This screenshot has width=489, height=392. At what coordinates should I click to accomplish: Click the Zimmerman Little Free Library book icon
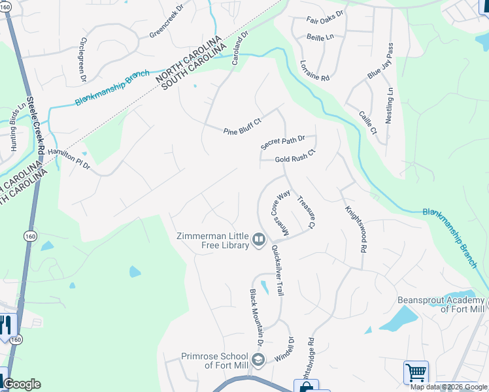click(259, 240)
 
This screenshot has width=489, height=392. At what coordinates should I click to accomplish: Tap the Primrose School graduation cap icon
click(258, 360)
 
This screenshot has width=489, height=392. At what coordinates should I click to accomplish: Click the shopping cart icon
click(416, 372)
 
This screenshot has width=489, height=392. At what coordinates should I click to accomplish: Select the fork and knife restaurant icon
click(5, 325)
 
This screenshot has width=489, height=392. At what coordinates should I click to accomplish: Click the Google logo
click(22, 384)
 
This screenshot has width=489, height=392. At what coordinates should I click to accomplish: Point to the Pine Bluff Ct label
click(243, 126)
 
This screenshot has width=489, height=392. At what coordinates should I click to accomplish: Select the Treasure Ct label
click(306, 212)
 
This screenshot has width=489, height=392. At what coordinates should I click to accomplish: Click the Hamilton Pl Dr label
click(68, 158)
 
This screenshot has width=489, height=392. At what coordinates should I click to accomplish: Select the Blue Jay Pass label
click(380, 62)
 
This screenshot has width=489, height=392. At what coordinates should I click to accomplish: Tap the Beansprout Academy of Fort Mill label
click(441, 304)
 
